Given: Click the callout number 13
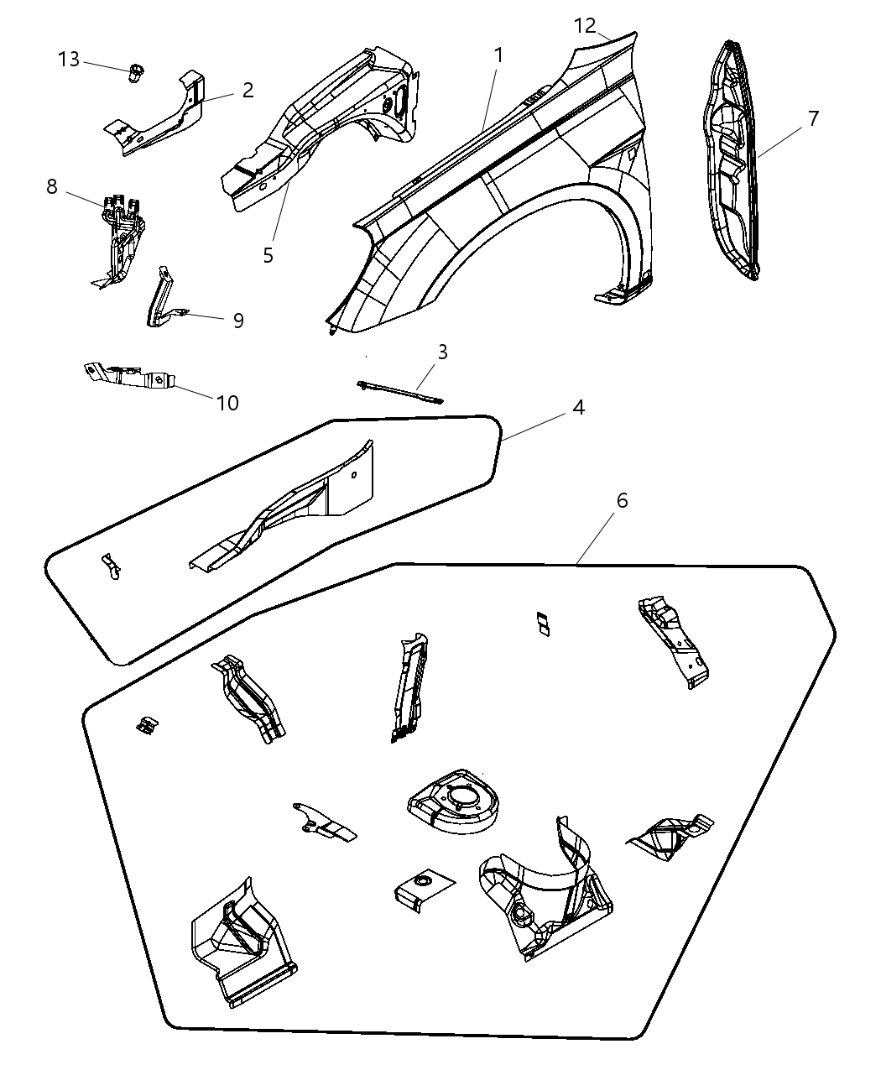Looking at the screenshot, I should coord(69,60).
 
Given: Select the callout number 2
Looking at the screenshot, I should coord(248,90).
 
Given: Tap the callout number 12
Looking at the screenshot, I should coord(586,25).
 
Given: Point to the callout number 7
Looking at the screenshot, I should coord(813,118).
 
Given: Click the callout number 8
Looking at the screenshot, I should coord(52,186).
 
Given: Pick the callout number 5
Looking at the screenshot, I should coord(268,255).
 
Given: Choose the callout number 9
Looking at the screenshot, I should coord(238,321).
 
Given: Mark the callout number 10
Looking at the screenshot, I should coord(227,403).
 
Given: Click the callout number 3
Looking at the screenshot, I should coord(441,352).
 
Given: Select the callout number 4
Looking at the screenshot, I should coord(578,407).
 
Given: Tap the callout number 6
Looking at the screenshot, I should coord(621,500).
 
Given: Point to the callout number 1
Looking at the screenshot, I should coord(498,55).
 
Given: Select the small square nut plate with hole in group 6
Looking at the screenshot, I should coord(420,885).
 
